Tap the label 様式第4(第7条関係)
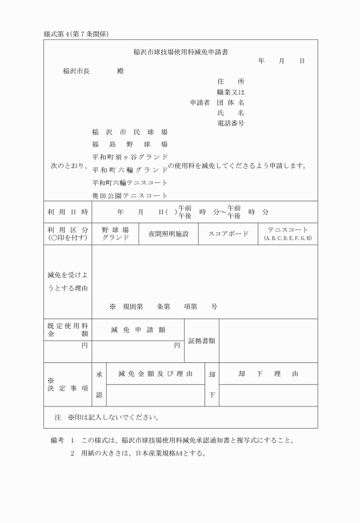77,34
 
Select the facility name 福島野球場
130,143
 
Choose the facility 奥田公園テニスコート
130,195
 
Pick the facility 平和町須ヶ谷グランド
130,157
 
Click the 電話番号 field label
231,123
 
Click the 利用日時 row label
67,212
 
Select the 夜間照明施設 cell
169,234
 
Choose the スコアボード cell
228,234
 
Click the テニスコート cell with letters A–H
288,234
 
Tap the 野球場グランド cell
115,234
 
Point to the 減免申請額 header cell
138,329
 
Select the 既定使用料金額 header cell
67,329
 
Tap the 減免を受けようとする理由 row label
67,281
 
